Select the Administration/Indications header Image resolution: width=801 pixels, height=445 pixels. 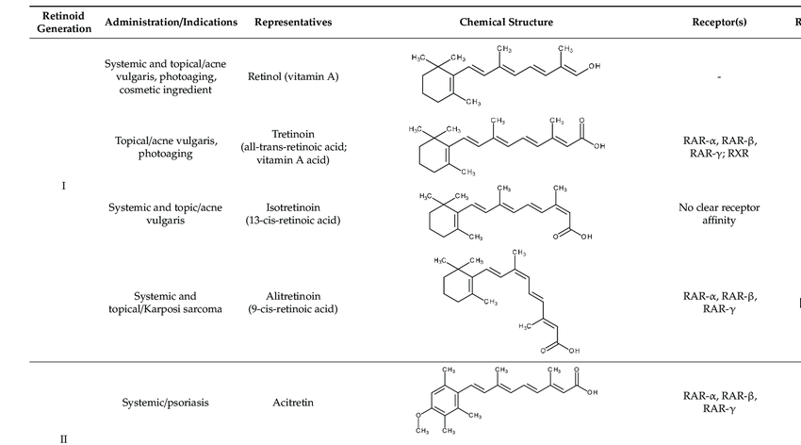(x=172, y=22)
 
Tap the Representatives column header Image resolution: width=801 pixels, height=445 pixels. (x=293, y=22)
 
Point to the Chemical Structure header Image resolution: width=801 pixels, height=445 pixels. (x=506, y=22)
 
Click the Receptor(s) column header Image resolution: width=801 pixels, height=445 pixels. (x=719, y=22)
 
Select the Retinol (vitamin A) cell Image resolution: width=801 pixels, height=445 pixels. (x=293, y=76)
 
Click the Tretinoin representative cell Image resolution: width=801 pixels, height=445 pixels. (x=293, y=147)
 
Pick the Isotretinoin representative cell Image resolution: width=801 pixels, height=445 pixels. (x=293, y=214)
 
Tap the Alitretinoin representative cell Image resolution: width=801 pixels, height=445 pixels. (x=293, y=302)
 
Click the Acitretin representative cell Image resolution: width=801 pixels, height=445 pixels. (x=293, y=403)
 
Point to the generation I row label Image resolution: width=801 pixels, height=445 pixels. (x=63, y=186)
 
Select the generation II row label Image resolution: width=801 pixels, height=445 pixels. (x=63, y=438)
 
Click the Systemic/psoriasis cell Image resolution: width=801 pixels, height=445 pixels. (x=165, y=403)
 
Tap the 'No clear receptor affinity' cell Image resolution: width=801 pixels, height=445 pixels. (x=719, y=214)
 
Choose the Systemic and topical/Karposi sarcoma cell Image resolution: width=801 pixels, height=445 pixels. (x=165, y=302)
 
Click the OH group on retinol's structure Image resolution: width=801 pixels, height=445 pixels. (x=595, y=67)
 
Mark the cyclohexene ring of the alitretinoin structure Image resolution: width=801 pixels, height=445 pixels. (x=458, y=288)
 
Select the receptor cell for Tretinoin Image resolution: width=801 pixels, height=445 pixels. (x=719, y=146)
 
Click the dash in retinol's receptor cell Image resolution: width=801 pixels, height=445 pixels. (x=719, y=77)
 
